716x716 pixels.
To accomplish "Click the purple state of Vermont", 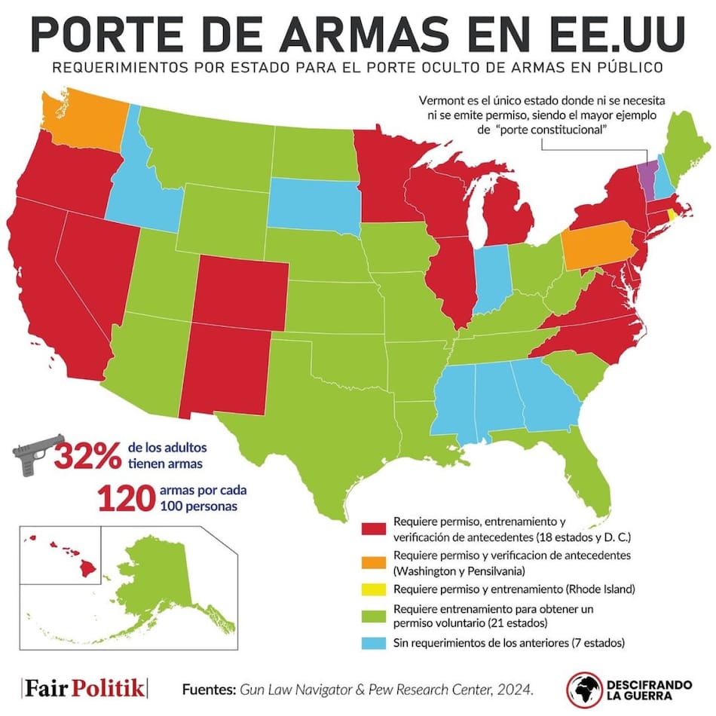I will pos(647,176).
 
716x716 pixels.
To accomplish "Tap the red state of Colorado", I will pos(241,290).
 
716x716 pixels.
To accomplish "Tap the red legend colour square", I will pos(374,530).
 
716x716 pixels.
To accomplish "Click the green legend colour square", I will pos(374,616).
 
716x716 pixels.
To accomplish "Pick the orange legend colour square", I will pos(374,561).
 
